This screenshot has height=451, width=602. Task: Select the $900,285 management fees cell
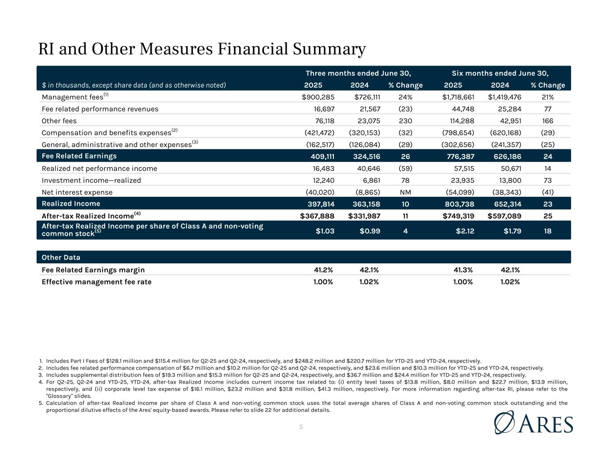coord(317,97)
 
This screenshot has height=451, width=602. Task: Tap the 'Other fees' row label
coord(59,121)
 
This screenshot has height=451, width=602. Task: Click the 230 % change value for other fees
coord(405,121)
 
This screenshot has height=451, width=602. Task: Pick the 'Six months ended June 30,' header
coord(503,73)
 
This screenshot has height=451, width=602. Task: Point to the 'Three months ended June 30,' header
coord(358,73)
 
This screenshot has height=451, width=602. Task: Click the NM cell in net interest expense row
coord(405,192)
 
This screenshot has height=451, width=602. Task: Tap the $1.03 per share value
coord(325,231)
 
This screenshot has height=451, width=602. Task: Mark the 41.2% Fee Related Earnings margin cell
coord(323,270)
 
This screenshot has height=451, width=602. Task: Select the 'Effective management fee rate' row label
coord(96,282)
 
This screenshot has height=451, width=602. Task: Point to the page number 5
coord(301,427)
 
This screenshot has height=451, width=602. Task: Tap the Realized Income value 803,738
coord(459,204)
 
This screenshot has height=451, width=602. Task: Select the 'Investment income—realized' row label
coord(91,180)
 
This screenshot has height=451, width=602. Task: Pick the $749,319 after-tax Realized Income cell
coord(458,216)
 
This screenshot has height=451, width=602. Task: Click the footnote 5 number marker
coord(40,403)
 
